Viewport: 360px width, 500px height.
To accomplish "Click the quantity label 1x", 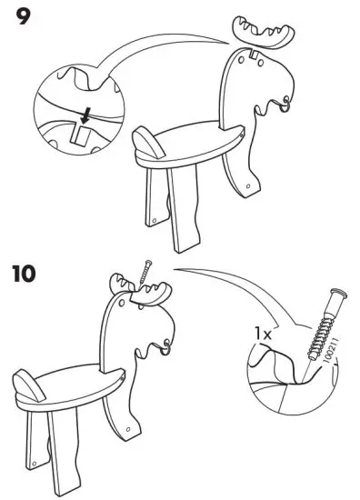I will point(263,335).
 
